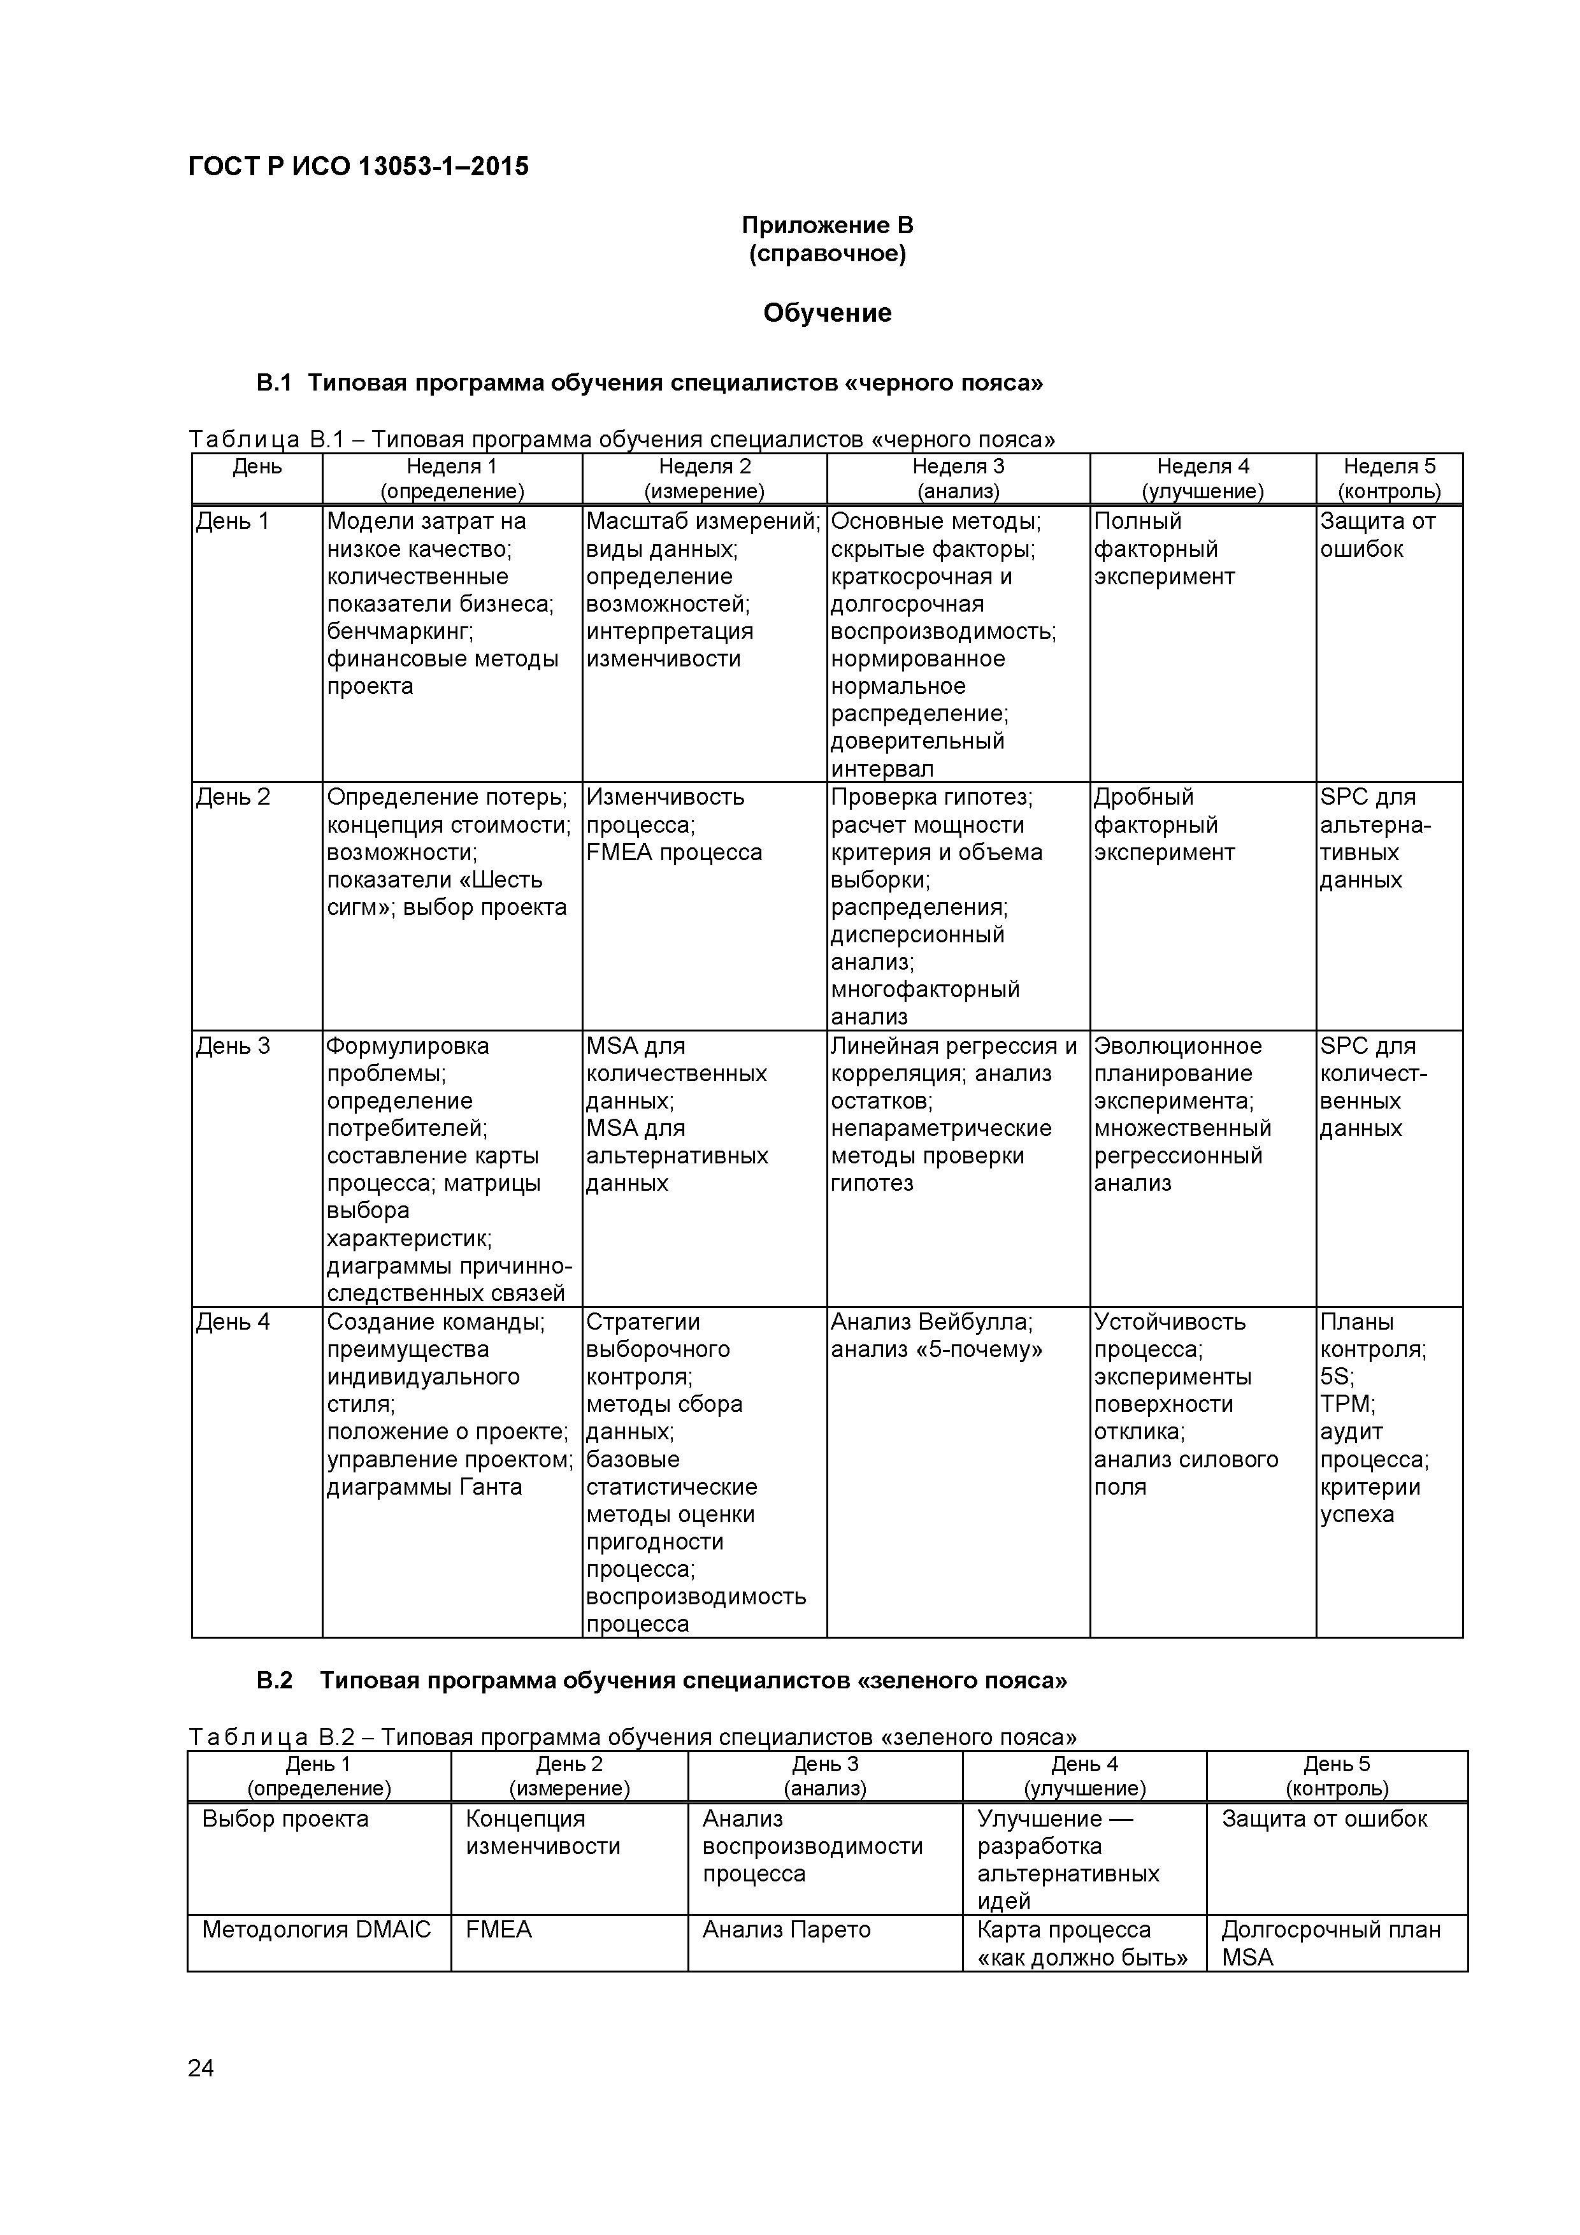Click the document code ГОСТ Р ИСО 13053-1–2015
tap(357, 168)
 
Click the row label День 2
tap(234, 797)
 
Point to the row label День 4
tap(234, 1322)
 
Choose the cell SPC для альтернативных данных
tap(1375, 838)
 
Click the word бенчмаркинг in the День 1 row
tap(399, 632)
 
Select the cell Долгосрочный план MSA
tap(1331, 1943)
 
